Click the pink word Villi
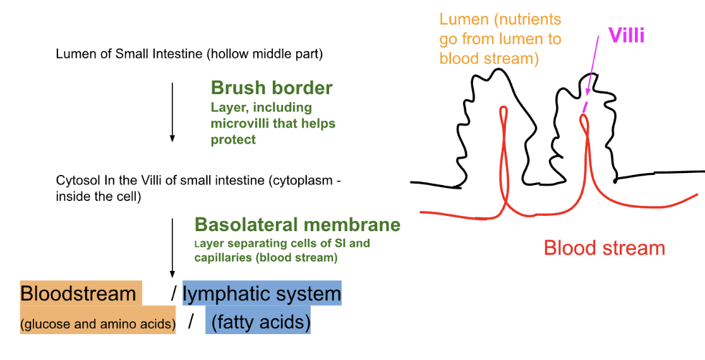coord(627,35)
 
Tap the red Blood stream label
coord(605,248)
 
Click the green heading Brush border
coord(272,88)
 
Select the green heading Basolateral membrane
coord(297,224)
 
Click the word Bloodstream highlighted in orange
coord(78,294)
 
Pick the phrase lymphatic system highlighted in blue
coord(262,295)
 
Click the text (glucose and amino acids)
coord(97,324)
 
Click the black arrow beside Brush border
coord(172,112)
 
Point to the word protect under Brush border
coord(233,140)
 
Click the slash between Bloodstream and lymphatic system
coord(174,294)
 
